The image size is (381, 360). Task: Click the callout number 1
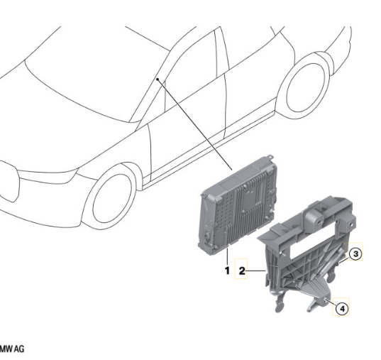coord(227,271)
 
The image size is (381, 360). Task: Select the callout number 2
coord(242,271)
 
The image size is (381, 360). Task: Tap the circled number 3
coord(355,254)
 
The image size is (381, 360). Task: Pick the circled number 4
coord(342,309)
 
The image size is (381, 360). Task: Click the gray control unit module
coord(238,206)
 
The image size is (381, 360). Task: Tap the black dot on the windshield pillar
coord(158,79)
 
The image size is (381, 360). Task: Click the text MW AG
coord(12,349)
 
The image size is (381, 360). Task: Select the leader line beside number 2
coord(256,271)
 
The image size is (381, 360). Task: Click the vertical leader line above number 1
coord(228,256)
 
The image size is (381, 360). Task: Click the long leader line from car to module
coord(194,124)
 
